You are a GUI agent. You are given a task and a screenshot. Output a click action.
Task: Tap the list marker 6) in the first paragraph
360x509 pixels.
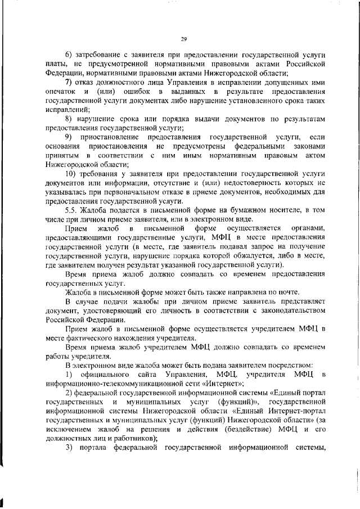[70, 54]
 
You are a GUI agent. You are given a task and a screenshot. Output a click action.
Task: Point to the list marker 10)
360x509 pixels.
[71, 176]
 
